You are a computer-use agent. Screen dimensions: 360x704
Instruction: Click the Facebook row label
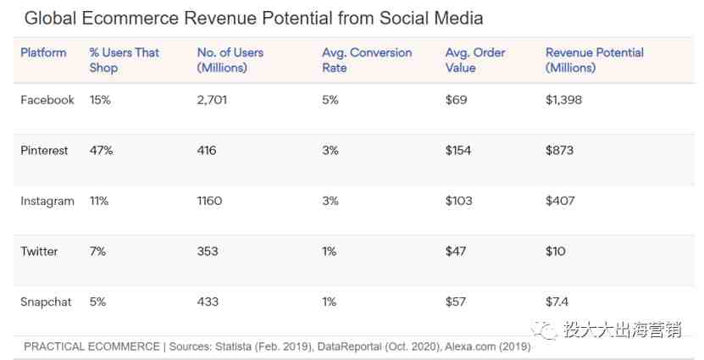point(47,100)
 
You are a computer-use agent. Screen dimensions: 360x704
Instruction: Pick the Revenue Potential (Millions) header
point(594,60)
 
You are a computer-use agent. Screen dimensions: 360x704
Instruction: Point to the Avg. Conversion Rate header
point(367,60)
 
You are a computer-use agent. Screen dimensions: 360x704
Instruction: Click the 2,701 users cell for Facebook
point(212,100)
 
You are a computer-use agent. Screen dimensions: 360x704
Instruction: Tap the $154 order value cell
point(458,151)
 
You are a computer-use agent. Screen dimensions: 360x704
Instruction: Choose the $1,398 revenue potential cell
point(563,100)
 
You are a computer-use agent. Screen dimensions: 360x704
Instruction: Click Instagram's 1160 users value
point(209,201)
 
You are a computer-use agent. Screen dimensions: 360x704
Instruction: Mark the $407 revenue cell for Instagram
point(560,201)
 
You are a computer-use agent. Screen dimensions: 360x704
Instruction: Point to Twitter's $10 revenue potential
point(556,252)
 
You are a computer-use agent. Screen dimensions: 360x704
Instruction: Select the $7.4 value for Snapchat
point(557,302)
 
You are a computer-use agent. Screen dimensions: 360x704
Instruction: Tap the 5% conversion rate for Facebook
point(330,100)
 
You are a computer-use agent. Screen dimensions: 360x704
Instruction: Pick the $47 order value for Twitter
point(456,252)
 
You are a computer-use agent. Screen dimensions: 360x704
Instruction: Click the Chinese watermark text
point(622,330)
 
